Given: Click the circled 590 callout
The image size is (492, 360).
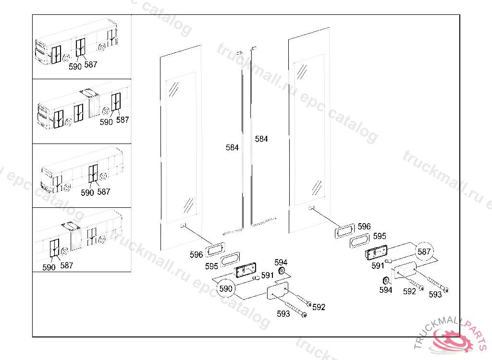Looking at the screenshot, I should coord(226,288).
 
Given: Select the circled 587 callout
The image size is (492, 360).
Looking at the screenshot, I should coord(424,252).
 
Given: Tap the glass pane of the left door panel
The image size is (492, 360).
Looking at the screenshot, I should coord(181,147).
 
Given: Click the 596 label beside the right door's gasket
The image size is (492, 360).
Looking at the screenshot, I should coord(364,227).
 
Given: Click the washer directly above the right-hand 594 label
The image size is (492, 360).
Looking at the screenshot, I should coord(385,280).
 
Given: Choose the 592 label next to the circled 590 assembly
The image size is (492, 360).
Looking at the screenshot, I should coord(319,307).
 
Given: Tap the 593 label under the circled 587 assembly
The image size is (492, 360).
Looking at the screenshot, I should coord(435,294).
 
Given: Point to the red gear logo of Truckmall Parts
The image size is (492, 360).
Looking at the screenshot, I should coord(453,340).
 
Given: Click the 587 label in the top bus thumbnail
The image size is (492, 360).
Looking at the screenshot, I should coord(90,64).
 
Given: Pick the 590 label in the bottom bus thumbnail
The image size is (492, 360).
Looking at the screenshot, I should coord(49,268).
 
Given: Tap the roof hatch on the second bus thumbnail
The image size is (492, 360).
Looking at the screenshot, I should coord(89,92).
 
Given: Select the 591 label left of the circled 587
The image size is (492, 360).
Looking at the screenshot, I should coord(378,265).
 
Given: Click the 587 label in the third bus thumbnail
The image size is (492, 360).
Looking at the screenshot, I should coord(103,192).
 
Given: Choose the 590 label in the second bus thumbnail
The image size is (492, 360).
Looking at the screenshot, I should coord(106,122).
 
